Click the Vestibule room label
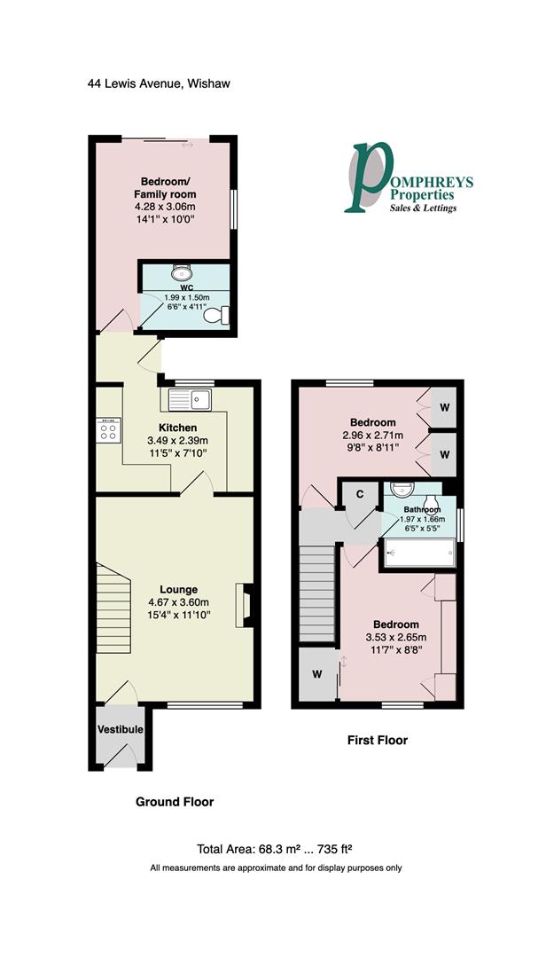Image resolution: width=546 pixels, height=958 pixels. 121,729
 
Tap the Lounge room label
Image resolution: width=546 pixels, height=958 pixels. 178,589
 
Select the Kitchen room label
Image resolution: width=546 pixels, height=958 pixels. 176,428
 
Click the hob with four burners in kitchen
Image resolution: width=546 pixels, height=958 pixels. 109,432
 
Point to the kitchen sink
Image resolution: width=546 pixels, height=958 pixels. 187,399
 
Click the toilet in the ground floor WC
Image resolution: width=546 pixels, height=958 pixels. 215,315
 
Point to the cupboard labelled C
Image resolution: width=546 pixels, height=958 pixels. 361,494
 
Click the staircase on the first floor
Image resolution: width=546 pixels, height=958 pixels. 316,593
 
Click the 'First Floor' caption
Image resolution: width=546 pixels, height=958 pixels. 378,740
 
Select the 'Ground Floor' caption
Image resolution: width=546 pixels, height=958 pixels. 175,802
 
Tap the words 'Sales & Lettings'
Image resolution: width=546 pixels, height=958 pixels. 424,208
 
